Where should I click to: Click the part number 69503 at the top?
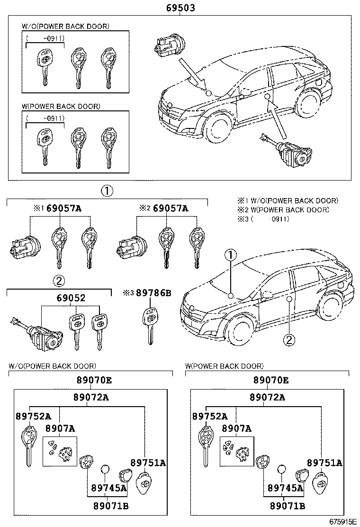180,8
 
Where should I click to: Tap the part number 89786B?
153,293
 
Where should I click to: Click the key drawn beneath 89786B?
150,325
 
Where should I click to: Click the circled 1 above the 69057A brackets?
107,191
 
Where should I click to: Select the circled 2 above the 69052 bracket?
59,281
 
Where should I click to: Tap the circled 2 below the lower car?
289,339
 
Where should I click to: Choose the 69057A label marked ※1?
64,208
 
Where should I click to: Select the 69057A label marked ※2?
171,208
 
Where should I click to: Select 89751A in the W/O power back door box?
148,463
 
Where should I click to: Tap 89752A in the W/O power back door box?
33,416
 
